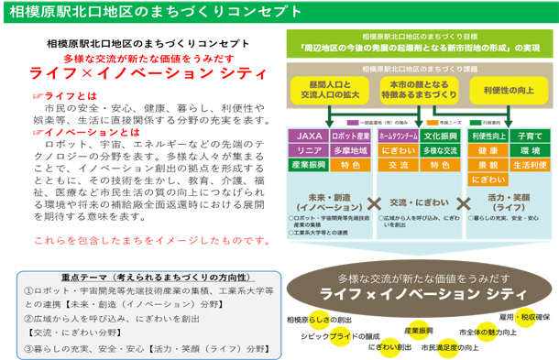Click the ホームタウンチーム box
click(x=398, y=136)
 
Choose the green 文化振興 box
click(x=440, y=136)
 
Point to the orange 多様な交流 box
click(x=440, y=150)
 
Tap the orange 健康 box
click(x=487, y=150)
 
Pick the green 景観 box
click(x=487, y=165)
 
